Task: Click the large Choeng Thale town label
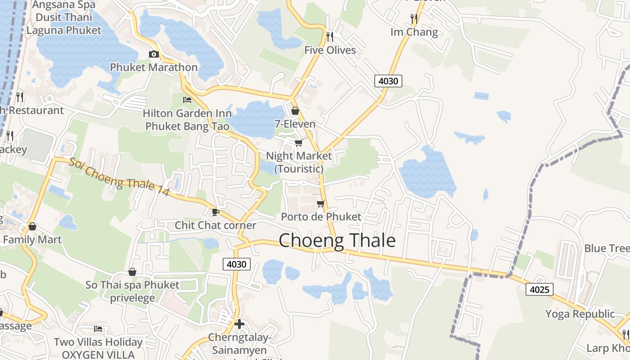[x=337, y=241]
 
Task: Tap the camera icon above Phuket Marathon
[x=154, y=54]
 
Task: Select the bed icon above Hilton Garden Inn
[x=187, y=99]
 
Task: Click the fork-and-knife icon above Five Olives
[x=330, y=36]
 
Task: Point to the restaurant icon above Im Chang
[x=414, y=18]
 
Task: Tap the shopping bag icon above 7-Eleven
[x=295, y=110]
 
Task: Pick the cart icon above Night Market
[x=298, y=143]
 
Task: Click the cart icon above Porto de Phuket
[x=320, y=204]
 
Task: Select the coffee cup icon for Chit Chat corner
[x=216, y=211]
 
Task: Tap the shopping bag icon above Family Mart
[x=32, y=226]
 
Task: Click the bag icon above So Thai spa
[x=132, y=272]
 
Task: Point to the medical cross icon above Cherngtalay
[x=239, y=324]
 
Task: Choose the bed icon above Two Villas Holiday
[x=98, y=329]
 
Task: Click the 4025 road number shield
[x=539, y=289]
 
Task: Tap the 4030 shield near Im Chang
[x=388, y=81]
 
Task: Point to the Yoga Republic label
[x=580, y=314]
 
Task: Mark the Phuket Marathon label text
[x=154, y=67]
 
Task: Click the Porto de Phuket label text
[x=321, y=216]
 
